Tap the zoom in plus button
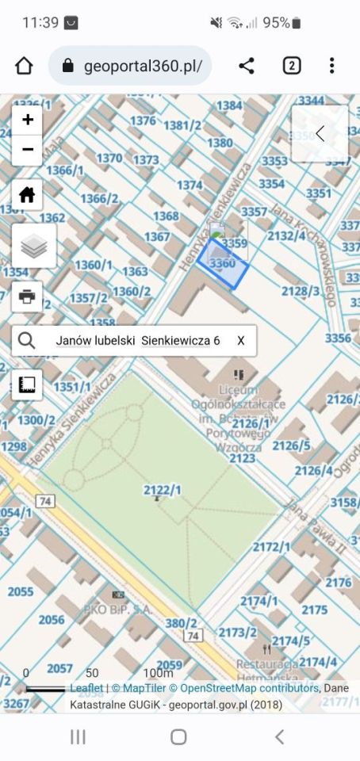(x=28, y=120)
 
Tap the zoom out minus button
(x=28, y=149)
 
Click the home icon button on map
(x=28, y=194)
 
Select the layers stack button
(x=33, y=246)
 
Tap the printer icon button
(x=28, y=296)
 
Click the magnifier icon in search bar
(x=26, y=341)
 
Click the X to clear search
(x=240, y=341)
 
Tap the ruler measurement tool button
(x=28, y=385)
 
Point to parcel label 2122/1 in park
(x=162, y=491)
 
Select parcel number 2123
(x=241, y=458)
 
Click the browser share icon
(x=247, y=66)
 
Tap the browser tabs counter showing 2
(x=291, y=66)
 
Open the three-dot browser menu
(x=331, y=66)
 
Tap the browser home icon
(x=24, y=66)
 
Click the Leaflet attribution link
(x=86, y=688)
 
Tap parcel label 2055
(x=21, y=591)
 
